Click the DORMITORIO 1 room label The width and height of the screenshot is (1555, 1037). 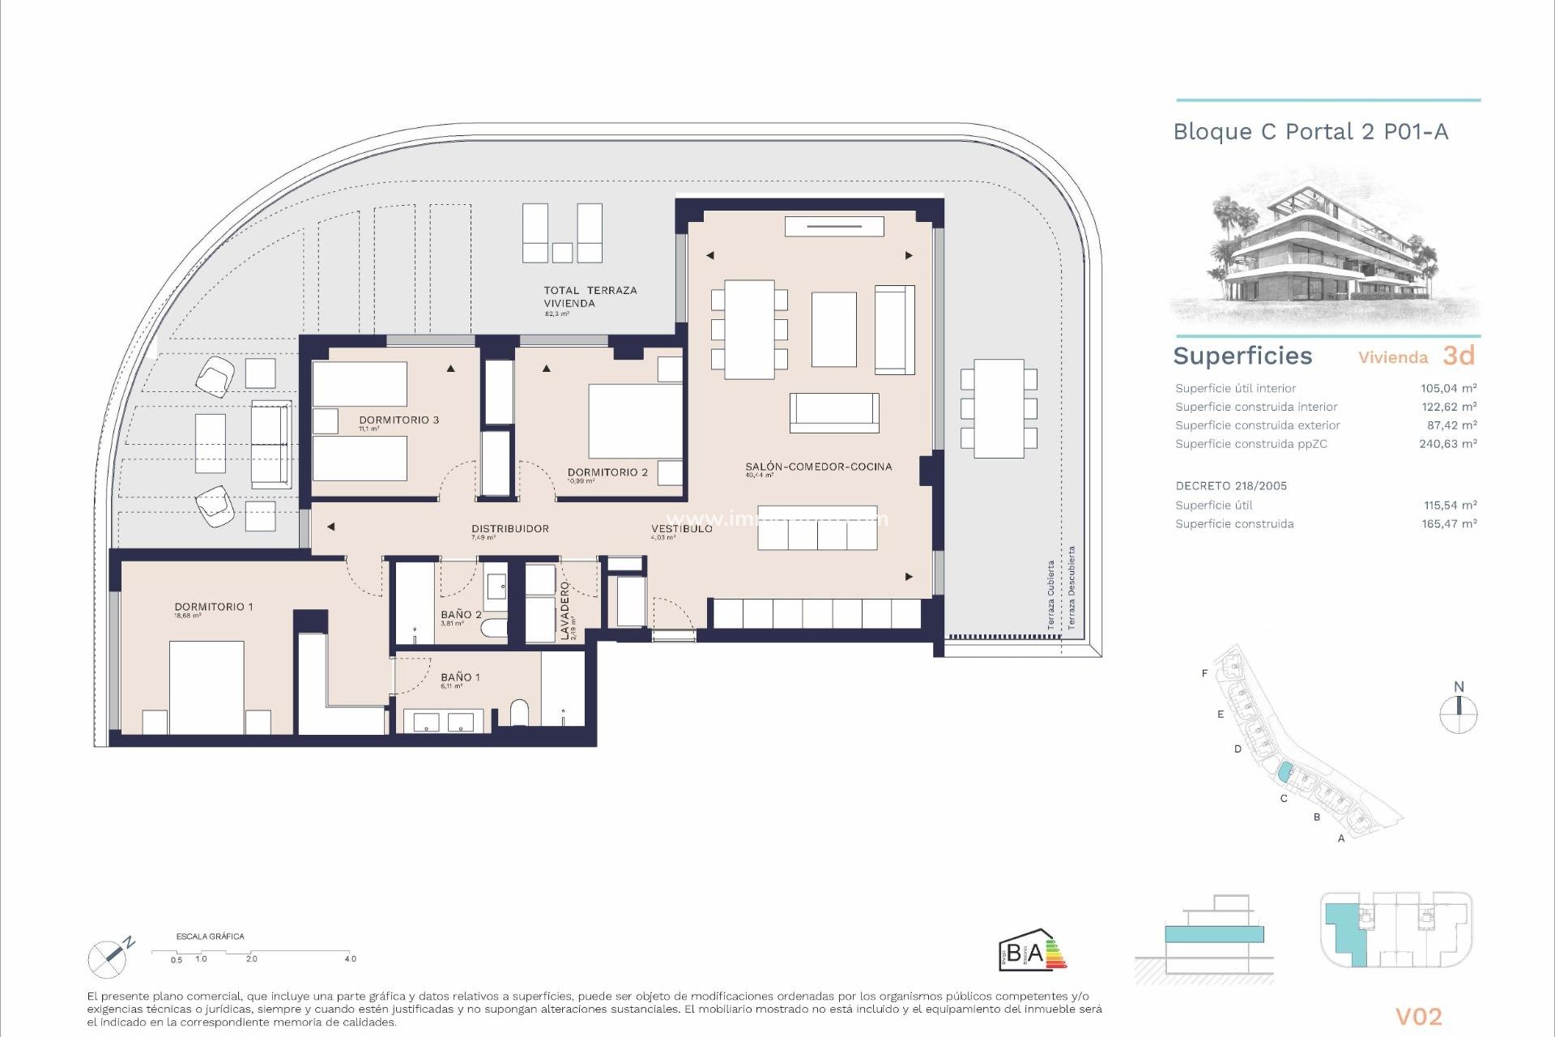(x=214, y=607)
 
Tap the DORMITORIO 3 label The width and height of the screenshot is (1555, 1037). (x=398, y=420)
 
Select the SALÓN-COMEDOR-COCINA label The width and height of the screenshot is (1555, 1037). (x=818, y=467)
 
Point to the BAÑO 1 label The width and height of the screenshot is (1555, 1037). (x=460, y=677)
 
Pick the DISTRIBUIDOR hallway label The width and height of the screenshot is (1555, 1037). (x=510, y=528)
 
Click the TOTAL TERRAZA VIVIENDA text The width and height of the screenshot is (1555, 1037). (x=590, y=297)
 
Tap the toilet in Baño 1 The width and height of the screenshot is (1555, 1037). (x=519, y=714)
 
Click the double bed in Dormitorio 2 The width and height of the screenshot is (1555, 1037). (x=635, y=421)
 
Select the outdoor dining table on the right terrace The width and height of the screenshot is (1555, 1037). (x=999, y=408)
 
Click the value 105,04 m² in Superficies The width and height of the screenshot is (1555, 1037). (x=1448, y=388)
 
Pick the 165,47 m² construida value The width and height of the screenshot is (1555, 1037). (x=1448, y=523)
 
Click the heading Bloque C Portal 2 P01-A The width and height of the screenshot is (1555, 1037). (x=1310, y=132)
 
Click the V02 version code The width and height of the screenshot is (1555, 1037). (x=1418, y=1016)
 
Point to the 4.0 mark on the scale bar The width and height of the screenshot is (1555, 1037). (x=350, y=958)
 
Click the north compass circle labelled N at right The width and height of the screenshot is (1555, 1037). (x=1459, y=715)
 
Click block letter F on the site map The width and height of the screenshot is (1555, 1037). (x=1204, y=673)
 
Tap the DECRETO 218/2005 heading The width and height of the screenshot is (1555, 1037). (x=1231, y=486)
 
